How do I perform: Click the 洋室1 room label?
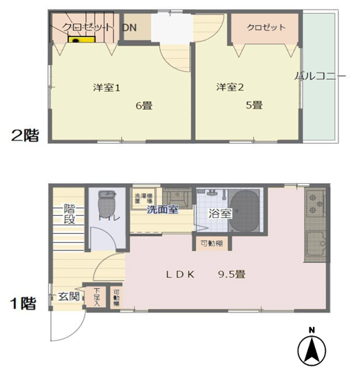(x=107, y=88)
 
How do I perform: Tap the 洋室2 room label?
(x=231, y=87)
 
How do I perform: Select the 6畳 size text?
(x=144, y=106)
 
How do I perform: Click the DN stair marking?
(x=129, y=28)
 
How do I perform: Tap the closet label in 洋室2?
(x=267, y=28)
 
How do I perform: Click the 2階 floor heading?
(x=24, y=135)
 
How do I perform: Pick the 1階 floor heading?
(x=23, y=303)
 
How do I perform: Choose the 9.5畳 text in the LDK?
(x=231, y=274)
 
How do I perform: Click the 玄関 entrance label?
(x=68, y=297)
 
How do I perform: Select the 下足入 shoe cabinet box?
(x=96, y=297)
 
